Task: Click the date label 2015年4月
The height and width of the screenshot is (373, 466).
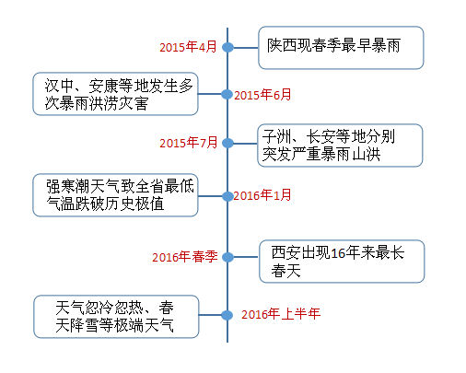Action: point(188,47)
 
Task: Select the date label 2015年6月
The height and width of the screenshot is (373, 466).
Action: point(262,95)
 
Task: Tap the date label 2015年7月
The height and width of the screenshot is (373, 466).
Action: point(188,143)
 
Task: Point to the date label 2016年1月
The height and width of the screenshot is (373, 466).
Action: point(262,195)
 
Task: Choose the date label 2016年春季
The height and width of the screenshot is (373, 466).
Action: point(185,257)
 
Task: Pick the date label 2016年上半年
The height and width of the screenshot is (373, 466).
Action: point(281,314)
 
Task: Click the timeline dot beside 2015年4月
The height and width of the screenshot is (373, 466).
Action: point(227,47)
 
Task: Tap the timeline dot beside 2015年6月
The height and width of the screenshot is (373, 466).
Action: point(227,94)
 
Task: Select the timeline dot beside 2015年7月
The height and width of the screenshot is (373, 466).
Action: point(227,143)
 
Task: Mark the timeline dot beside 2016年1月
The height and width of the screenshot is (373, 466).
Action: point(227,196)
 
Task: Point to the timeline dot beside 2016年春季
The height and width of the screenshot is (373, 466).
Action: point(227,257)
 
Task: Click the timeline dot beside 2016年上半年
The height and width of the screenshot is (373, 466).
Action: point(227,315)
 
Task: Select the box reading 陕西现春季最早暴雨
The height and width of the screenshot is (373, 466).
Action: point(341,48)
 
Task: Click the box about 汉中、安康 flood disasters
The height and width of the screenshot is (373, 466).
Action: point(115,94)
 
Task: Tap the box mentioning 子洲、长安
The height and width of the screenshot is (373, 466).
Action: point(340,146)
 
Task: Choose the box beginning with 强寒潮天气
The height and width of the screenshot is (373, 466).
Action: point(115,195)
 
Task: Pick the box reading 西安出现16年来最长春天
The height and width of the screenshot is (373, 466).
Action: point(342,262)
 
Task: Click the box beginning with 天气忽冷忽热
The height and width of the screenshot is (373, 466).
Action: point(116,317)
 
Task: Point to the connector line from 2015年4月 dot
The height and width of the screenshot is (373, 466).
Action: point(246,48)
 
